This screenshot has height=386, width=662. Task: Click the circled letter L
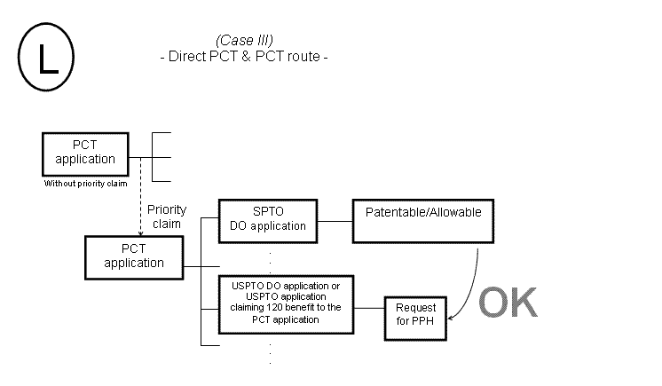pos(46,58)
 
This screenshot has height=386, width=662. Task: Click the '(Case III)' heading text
pos(244,42)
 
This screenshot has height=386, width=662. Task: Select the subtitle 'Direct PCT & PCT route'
pos(244,57)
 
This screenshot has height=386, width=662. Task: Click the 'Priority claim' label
pos(167,217)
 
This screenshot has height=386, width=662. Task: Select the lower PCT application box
pos(134,256)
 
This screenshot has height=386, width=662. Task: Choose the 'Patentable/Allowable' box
pos(423,220)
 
